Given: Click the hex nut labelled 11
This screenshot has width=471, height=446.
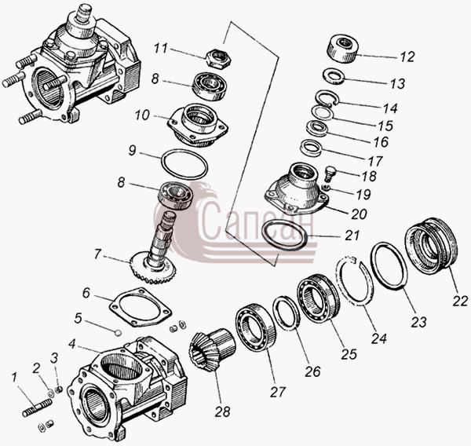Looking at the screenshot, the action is (219, 58).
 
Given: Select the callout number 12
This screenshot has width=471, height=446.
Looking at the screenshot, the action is (407, 57).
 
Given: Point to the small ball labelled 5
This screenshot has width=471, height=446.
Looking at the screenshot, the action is (118, 332).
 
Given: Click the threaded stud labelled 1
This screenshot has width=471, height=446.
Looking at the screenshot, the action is (37, 408).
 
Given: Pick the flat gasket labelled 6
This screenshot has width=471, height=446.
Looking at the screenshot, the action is (140, 307).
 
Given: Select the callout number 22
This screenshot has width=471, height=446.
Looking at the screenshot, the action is (460, 302).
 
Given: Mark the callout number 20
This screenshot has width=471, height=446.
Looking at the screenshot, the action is (359, 214).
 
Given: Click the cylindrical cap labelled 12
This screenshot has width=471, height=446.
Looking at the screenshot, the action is (342, 48).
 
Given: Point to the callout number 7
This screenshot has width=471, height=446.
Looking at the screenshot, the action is (97, 254).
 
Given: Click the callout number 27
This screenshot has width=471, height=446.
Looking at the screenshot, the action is (278, 392).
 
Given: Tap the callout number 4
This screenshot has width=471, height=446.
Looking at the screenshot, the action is (71, 344).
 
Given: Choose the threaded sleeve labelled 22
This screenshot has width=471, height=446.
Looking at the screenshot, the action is (431, 246).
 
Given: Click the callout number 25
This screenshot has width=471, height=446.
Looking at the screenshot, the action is (349, 354).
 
